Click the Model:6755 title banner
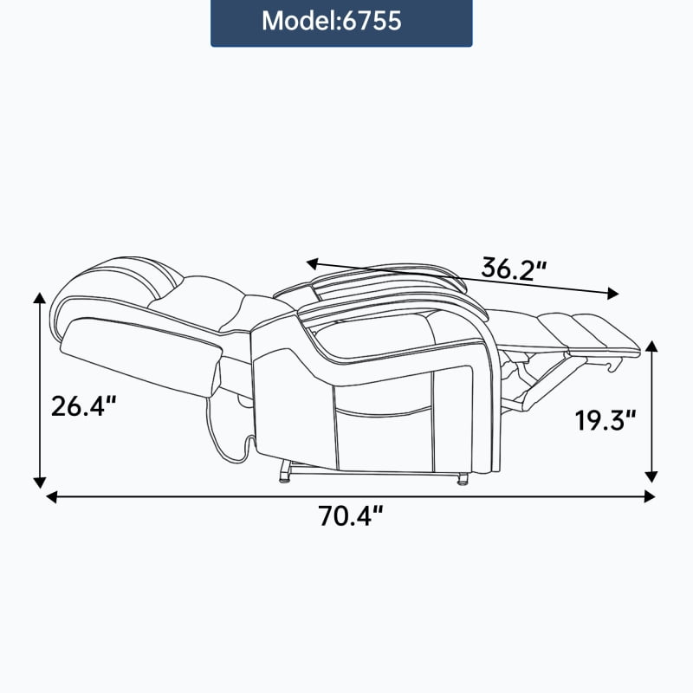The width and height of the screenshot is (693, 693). [341, 23]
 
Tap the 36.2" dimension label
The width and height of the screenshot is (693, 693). [514, 269]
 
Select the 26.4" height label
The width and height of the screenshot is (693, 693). [84, 406]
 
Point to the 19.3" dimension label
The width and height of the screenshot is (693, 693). [605, 420]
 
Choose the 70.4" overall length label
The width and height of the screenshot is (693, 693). [351, 515]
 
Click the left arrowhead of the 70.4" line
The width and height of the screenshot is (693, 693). [52, 496]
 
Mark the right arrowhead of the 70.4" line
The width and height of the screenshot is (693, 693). [649, 496]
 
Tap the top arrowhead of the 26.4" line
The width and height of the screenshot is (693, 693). [40, 297]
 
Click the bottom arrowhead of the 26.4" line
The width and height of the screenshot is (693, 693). [40, 483]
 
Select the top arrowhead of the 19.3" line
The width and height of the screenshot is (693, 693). [651, 346]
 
